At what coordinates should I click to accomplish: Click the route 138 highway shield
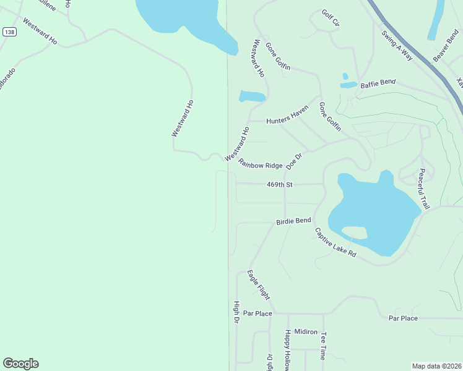pyautogui.click(x=9, y=32)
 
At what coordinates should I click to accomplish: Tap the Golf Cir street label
pyautogui.click(x=331, y=19)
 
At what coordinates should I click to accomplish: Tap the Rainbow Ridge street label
pyautogui.click(x=261, y=164)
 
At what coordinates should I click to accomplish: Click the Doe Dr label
pyautogui.click(x=294, y=160)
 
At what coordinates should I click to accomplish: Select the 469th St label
pyautogui.click(x=279, y=184)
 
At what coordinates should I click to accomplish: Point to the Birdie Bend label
pyautogui.click(x=293, y=221)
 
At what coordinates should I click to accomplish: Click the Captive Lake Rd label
pyautogui.click(x=335, y=244)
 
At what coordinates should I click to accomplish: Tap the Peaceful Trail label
pyautogui.click(x=423, y=188)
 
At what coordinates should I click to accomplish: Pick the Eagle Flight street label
pyautogui.click(x=259, y=285)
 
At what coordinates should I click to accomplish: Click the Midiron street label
pyautogui.click(x=306, y=331)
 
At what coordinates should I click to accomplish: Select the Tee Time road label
pyautogui.click(x=323, y=346)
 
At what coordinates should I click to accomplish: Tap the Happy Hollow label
pyautogui.click(x=288, y=350)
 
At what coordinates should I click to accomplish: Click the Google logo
pyautogui.click(x=20, y=364)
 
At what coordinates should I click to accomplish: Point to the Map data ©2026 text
pyautogui.click(x=436, y=365)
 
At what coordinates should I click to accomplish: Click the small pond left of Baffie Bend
pyautogui.click(x=348, y=85)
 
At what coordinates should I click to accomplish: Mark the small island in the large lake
pyautogui.click(x=353, y=232)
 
